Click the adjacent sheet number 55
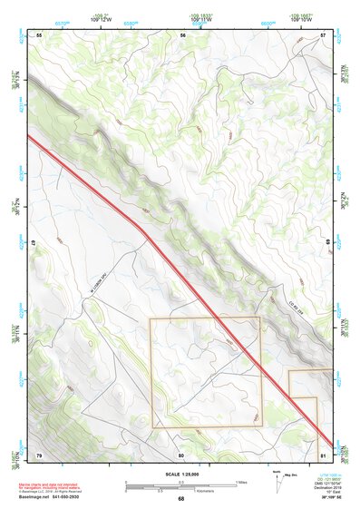(40, 34)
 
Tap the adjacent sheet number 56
(182, 34)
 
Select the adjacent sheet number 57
(323, 34)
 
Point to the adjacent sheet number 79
(39, 454)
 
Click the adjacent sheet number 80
(181, 454)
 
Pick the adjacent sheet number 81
(323, 454)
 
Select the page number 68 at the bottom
(181, 499)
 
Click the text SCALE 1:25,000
(181, 474)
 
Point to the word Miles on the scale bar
(240, 481)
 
